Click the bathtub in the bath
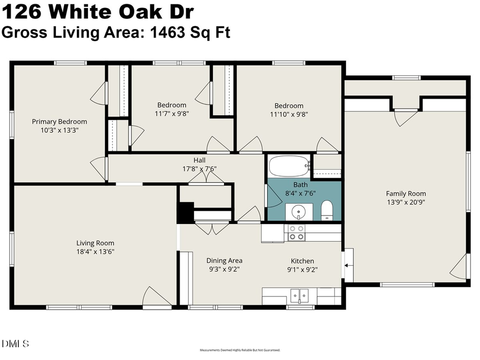[289, 166]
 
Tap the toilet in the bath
[327, 211]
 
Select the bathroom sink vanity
[298, 212]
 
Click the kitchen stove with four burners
[296, 233]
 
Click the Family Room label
[406, 194]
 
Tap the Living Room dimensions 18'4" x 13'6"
[95, 251]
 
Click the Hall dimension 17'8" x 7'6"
[199, 169]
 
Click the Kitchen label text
[302, 261]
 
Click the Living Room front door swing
[155, 297]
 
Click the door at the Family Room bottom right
[460, 267]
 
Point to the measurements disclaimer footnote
[240, 350]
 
